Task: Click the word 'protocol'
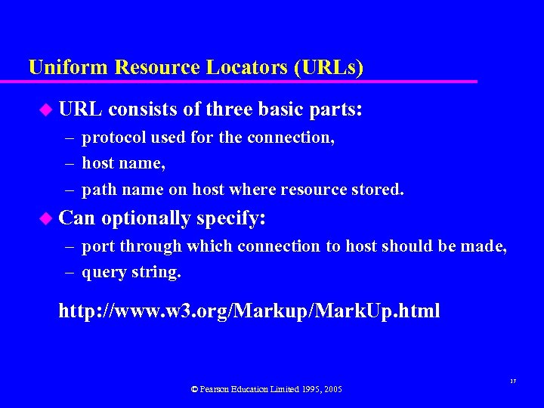pos(115,138)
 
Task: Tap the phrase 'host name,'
pos(123,162)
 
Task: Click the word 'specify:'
pos(230,218)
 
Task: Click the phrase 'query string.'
pos(131,272)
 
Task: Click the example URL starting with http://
pos(249,311)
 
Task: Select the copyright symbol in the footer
pos(194,389)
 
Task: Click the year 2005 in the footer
pos(332,389)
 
